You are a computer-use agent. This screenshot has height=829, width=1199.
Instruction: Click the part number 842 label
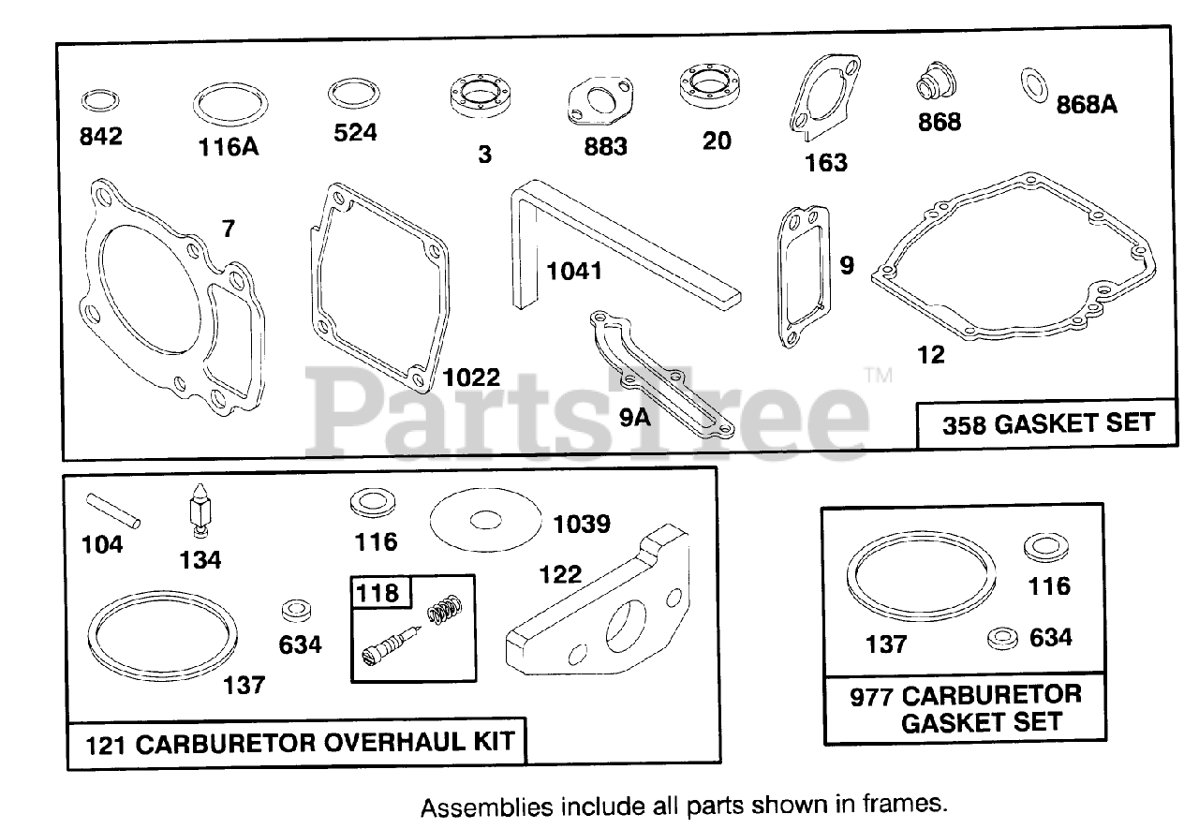coord(100,137)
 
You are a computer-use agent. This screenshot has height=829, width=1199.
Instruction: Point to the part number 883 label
coord(605,147)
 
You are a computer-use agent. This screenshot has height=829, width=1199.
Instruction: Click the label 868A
coord(1087,104)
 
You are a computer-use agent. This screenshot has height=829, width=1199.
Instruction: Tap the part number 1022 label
coord(472,377)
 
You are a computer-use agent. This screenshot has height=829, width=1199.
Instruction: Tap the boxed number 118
coord(377,593)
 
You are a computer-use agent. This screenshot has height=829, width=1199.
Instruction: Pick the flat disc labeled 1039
coord(486,520)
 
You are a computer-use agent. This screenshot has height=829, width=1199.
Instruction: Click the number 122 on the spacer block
coord(560,574)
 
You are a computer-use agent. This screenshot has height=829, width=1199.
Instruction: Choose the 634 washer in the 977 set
coord(1003,639)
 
